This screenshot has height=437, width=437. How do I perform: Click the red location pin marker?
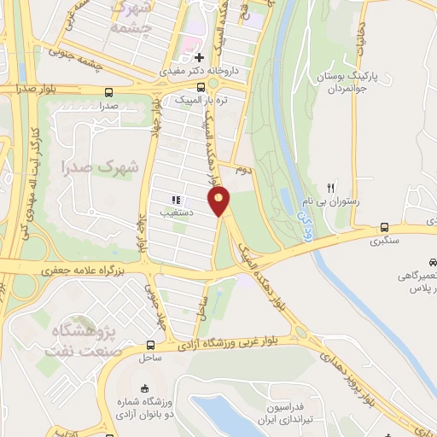(220, 201)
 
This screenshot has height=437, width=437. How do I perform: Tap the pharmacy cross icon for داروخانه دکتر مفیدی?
(198, 58)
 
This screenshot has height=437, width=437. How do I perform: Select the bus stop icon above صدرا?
(108, 93)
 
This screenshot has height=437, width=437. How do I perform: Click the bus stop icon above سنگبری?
(385, 228)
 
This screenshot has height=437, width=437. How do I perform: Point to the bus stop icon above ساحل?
(150, 346)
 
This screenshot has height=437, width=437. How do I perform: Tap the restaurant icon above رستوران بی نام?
(332, 188)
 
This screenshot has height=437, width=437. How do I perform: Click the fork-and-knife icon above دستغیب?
(176, 200)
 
